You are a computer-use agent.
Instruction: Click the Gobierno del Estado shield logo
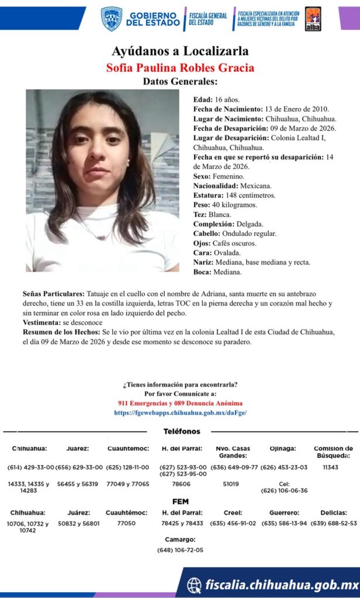pyautogui.click(x=111, y=18)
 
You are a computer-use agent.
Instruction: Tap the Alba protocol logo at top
pyautogui.click(x=313, y=19)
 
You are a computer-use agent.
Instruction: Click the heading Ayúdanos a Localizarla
pyautogui.click(x=180, y=51)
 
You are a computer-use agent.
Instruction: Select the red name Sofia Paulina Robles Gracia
pyautogui.click(x=180, y=67)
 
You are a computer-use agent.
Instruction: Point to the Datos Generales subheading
pyautogui.click(x=180, y=82)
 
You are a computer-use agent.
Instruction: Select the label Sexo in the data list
pyautogui.click(x=202, y=176)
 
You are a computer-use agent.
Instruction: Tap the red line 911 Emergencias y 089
pyautogui.click(x=180, y=403)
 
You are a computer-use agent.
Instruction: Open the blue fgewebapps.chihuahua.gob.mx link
pyautogui.click(x=180, y=412)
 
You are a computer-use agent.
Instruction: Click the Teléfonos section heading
pyautogui.click(x=181, y=431)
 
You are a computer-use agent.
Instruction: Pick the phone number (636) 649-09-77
pyautogui.click(x=234, y=467)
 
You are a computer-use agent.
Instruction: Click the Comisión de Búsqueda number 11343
pyautogui.click(x=330, y=467)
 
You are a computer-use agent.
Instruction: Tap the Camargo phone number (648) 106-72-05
pyautogui.click(x=180, y=550)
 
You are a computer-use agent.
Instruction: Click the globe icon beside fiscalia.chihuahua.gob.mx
pyautogui.click(x=194, y=585)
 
